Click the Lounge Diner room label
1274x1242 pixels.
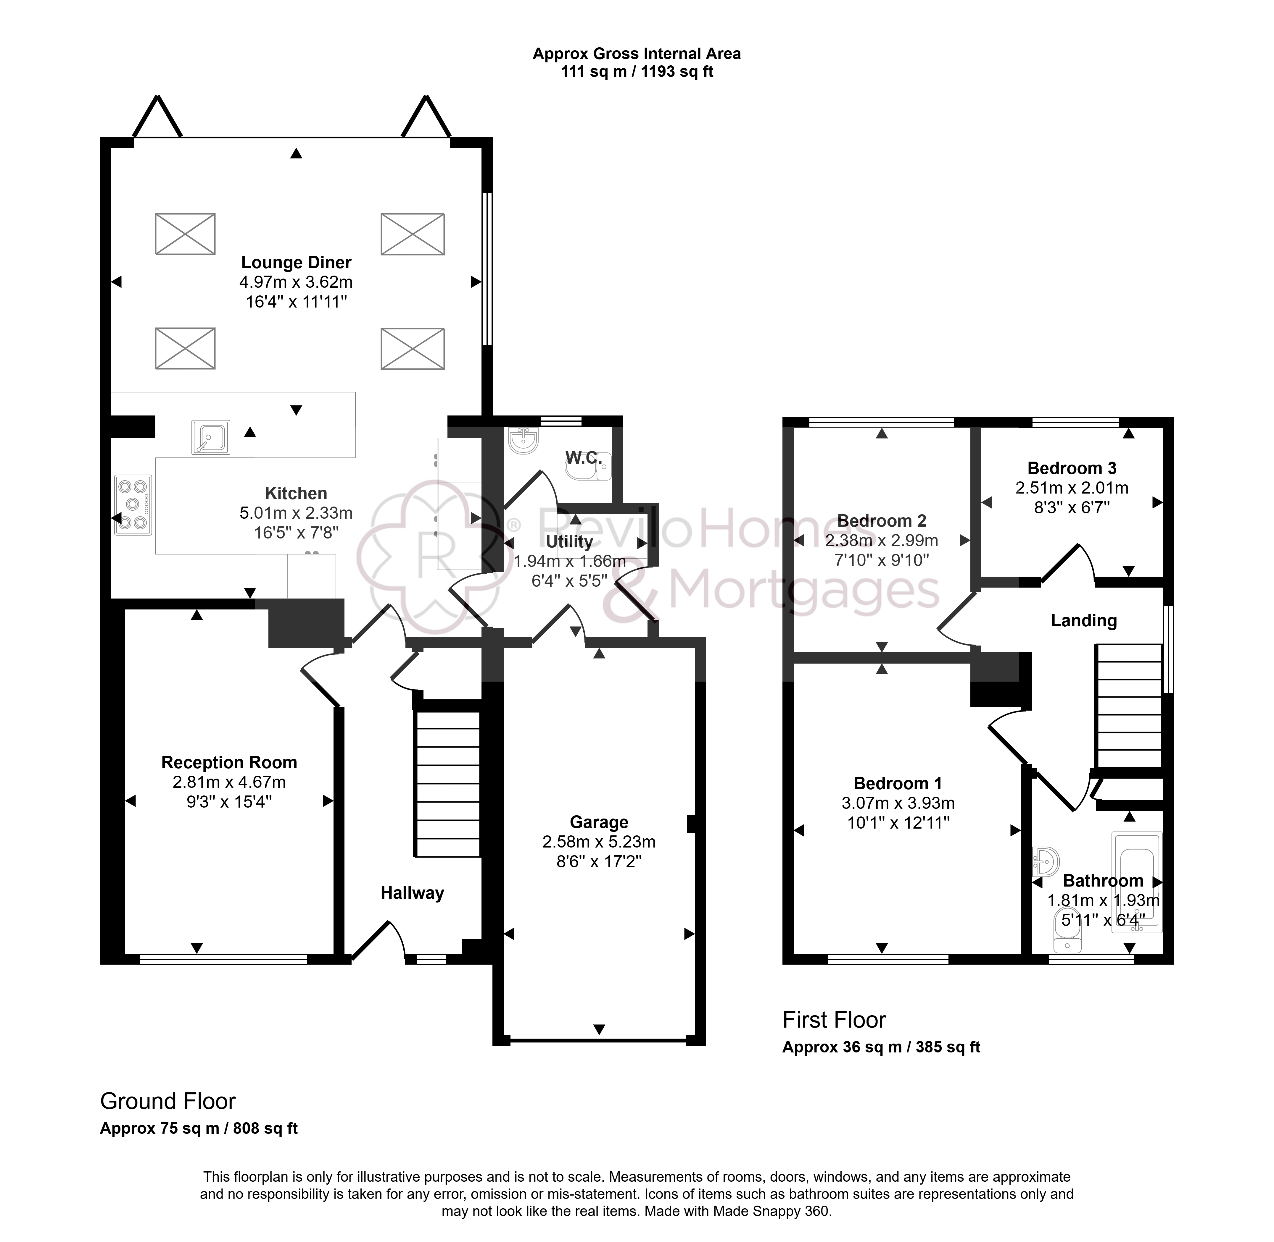pos(296,262)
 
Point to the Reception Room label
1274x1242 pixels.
pos(229,762)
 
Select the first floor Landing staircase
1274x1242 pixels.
pos(1129,706)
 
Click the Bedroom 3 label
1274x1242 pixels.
pos(1072,468)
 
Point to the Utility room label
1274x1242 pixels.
pos(569,541)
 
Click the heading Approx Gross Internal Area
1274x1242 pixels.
pos(636,54)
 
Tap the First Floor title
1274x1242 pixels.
pos(834,1020)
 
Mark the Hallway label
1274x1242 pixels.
pos(413,892)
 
